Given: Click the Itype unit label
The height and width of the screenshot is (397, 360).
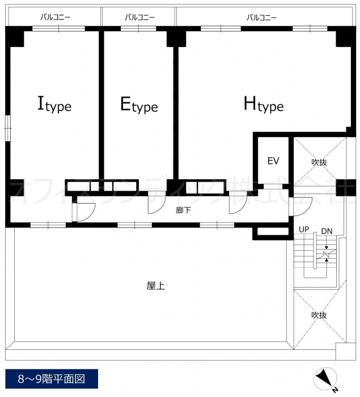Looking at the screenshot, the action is (x=54, y=104).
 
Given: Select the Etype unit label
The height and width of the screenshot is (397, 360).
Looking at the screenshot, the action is (x=139, y=104).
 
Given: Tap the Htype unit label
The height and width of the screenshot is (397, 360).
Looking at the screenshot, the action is (x=264, y=104).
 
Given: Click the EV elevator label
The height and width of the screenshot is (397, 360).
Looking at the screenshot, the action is (x=273, y=161).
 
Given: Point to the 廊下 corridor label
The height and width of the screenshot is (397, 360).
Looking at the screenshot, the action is (x=183, y=210).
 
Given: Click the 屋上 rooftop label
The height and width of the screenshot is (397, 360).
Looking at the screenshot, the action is (x=156, y=286).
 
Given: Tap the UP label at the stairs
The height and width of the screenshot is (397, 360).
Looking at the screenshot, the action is (x=304, y=229).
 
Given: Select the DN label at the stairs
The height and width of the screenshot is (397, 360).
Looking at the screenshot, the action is (x=327, y=231).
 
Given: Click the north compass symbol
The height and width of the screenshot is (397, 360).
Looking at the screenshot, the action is (x=325, y=379).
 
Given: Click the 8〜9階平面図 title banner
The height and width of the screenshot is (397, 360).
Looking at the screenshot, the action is (x=52, y=379).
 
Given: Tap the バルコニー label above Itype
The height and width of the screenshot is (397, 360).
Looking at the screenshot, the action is (x=56, y=17).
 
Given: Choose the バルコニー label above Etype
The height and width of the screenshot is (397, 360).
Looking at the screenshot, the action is (x=139, y=17).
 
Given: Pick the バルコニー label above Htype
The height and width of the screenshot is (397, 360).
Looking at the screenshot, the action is (x=262, y=17).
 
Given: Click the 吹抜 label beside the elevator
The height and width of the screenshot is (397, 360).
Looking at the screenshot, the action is (x=319, y=162).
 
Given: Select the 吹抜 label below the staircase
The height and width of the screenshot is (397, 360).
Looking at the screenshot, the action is (x=319, y=315).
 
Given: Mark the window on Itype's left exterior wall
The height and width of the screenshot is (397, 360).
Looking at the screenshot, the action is (x=8, y=128).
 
